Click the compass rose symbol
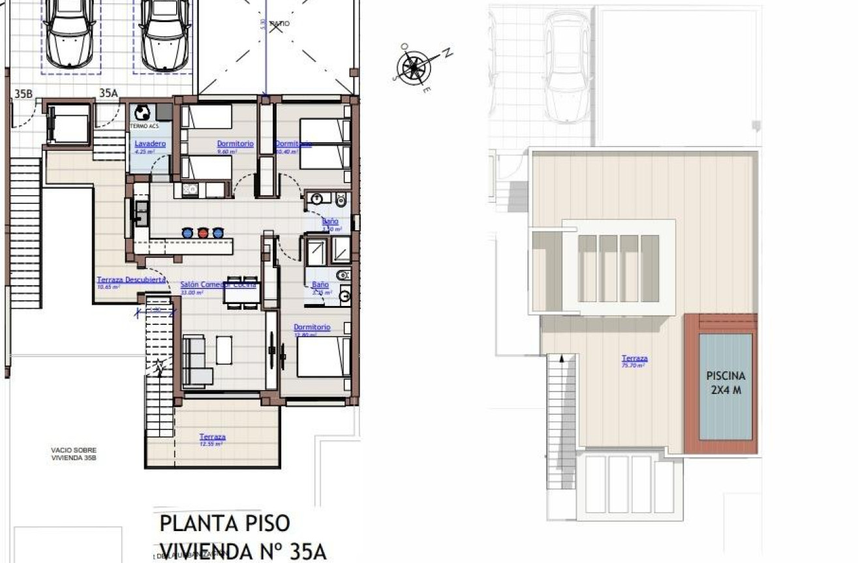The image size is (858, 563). [412, 67]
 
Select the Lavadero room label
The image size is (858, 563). [150, 144]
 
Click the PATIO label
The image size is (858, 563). [279, 23]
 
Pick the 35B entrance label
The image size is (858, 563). [23, 94]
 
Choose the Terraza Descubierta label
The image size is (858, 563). [131, 280]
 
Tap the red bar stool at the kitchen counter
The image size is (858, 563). [202, 232]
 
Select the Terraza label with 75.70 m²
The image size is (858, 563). [634, 358]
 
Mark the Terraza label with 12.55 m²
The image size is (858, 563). [213, 437]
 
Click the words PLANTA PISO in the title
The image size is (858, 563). [224, 523]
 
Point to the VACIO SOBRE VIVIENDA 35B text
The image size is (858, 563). [74, 453]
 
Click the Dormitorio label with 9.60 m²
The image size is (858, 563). [235, 144]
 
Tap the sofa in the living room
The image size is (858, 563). [195, 361]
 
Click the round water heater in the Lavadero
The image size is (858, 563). [143, 113]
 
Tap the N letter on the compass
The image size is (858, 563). [448, 53]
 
